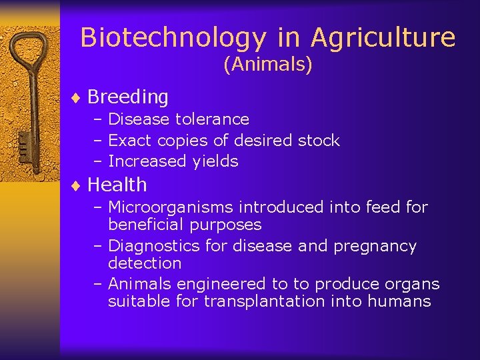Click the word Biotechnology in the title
[x=173, y=38]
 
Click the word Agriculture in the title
[x=383, y=38]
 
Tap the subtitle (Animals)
[x=268, y=65]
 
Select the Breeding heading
[x=128, y=97]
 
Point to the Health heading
[x=117, y=185]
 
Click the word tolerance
[x=213, y=119]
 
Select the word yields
[x=215, y=161]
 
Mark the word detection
[x=145, y=263]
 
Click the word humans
[x=400, y=301]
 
